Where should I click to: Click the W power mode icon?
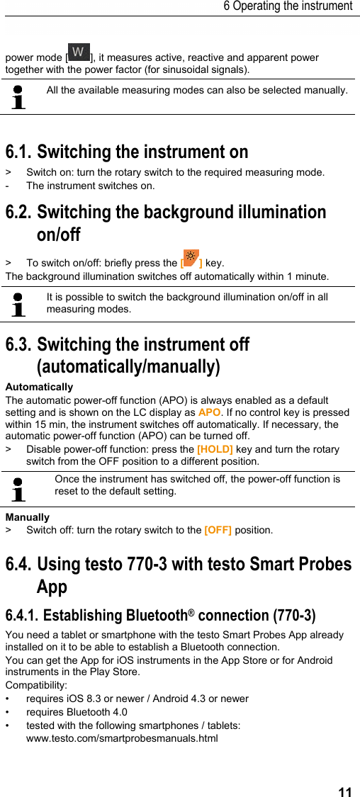79,52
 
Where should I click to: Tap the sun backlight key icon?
191,258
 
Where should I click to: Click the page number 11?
344,791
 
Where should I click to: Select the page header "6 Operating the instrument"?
287,6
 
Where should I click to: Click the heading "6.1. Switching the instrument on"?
127,152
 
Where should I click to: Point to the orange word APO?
209,412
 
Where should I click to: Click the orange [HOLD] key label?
215,449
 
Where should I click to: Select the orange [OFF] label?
218,530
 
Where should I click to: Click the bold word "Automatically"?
39,387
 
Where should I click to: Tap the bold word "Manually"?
27,517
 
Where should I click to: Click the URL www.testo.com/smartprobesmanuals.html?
122,738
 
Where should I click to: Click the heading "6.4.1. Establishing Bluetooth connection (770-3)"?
160,615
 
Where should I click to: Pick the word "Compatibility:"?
36,685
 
